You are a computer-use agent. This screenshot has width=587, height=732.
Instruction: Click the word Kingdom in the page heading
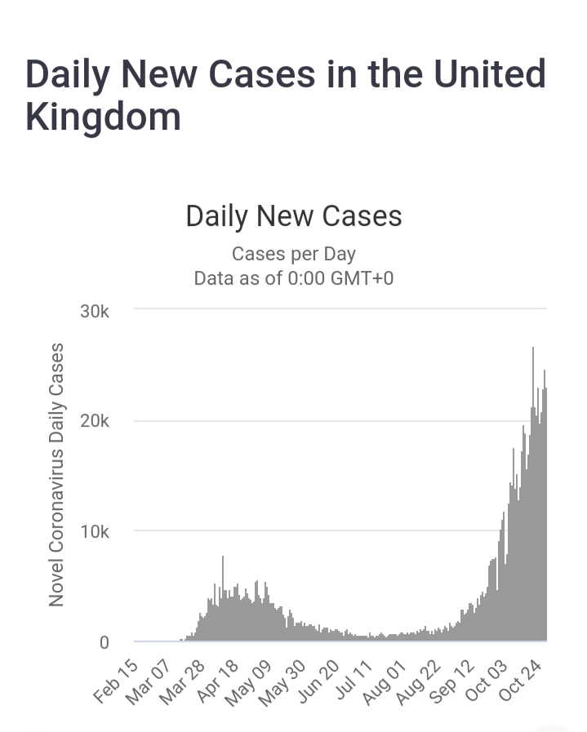103,117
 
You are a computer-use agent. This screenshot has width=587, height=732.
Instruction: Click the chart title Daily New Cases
294,216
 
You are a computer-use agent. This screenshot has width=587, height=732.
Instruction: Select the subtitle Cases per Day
294,254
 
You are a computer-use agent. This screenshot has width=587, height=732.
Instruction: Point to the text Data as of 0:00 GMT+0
294,278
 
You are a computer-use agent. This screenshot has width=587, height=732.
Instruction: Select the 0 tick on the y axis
104,643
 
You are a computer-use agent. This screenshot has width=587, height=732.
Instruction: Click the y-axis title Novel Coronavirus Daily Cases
56,475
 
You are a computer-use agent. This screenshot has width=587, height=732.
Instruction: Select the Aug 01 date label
385,682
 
